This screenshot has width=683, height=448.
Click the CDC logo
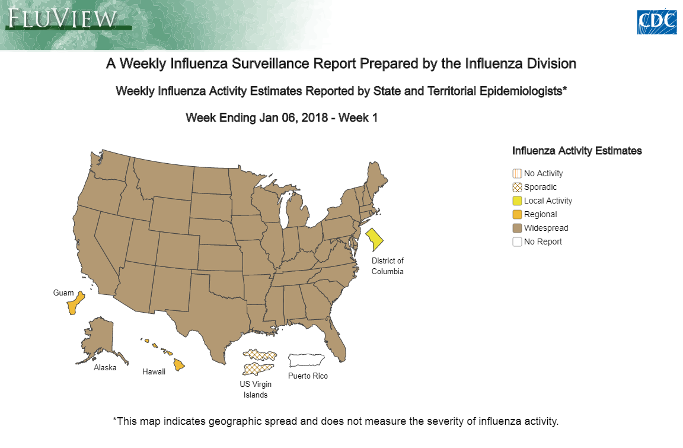click(x=657, y=22)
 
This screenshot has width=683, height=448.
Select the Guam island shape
click(x=75, y=303)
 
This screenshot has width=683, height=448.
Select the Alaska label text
click(x=105, y=367)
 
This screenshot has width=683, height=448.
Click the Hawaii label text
click(x=154, y=372)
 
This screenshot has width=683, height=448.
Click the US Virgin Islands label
click(x=256, y=389)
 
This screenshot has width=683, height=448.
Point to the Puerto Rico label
click(x=308, y=376)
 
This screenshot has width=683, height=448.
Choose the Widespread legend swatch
click(x=517, y=228)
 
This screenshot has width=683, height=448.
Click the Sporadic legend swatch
click(x=517, y=188)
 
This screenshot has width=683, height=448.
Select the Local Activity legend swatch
click(x=517, y=201)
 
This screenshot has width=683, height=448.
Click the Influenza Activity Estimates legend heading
click(x=577, y=151)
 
